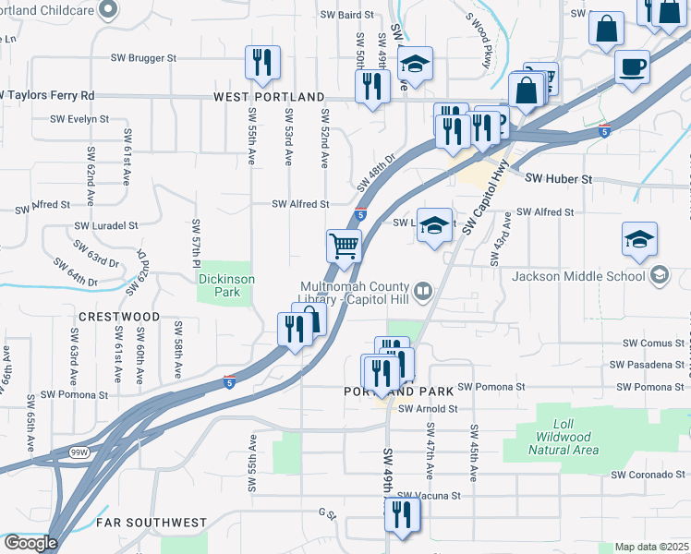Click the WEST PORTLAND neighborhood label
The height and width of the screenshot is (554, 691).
pos(269,97)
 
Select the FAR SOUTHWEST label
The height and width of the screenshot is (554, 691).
pos(152,523)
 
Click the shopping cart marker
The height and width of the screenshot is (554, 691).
pos(344,247)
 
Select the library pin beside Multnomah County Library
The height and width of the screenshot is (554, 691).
pos(423,292)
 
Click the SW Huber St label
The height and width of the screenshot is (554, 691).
pos(558,178)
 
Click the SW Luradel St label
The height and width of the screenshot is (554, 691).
pos(106,225)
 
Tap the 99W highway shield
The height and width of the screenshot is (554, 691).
pos(78,452)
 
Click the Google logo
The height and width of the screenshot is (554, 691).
pos(30,543)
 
